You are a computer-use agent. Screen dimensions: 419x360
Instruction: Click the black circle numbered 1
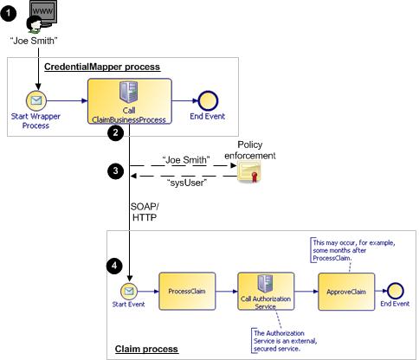[9, 13]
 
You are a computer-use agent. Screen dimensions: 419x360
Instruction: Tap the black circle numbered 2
[115, 133]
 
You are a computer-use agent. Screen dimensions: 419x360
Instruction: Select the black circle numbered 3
[115, 170]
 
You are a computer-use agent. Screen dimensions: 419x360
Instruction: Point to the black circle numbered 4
[114, 266]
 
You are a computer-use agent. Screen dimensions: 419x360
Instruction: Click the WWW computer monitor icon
[43, 14]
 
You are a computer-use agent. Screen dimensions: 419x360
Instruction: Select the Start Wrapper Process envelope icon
[36, 100]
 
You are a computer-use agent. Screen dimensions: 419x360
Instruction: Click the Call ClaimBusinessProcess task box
[130, 101]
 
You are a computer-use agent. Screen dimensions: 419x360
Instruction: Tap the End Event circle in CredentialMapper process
[208, 100]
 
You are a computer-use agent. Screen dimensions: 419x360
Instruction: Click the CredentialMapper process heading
[102, 67]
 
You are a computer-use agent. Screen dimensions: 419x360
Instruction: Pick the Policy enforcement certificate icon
[249, 171]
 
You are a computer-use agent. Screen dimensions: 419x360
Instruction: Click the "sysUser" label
[187, 183]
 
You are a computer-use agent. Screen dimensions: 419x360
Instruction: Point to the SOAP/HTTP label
[145, 212]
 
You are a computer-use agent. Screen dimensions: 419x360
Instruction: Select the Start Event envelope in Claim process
[129, 291]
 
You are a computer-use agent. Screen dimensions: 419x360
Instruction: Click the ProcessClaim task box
[187, 292]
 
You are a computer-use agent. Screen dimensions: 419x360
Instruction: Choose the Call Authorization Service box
[266, 292]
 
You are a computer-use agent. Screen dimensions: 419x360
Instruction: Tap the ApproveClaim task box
[346, 292]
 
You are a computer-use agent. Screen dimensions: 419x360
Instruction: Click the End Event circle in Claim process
[395, 291]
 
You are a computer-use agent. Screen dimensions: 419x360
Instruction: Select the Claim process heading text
[146, 349]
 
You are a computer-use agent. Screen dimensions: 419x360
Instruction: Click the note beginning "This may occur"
[353, 250]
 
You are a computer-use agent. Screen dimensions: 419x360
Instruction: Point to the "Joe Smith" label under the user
[34, 41]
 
